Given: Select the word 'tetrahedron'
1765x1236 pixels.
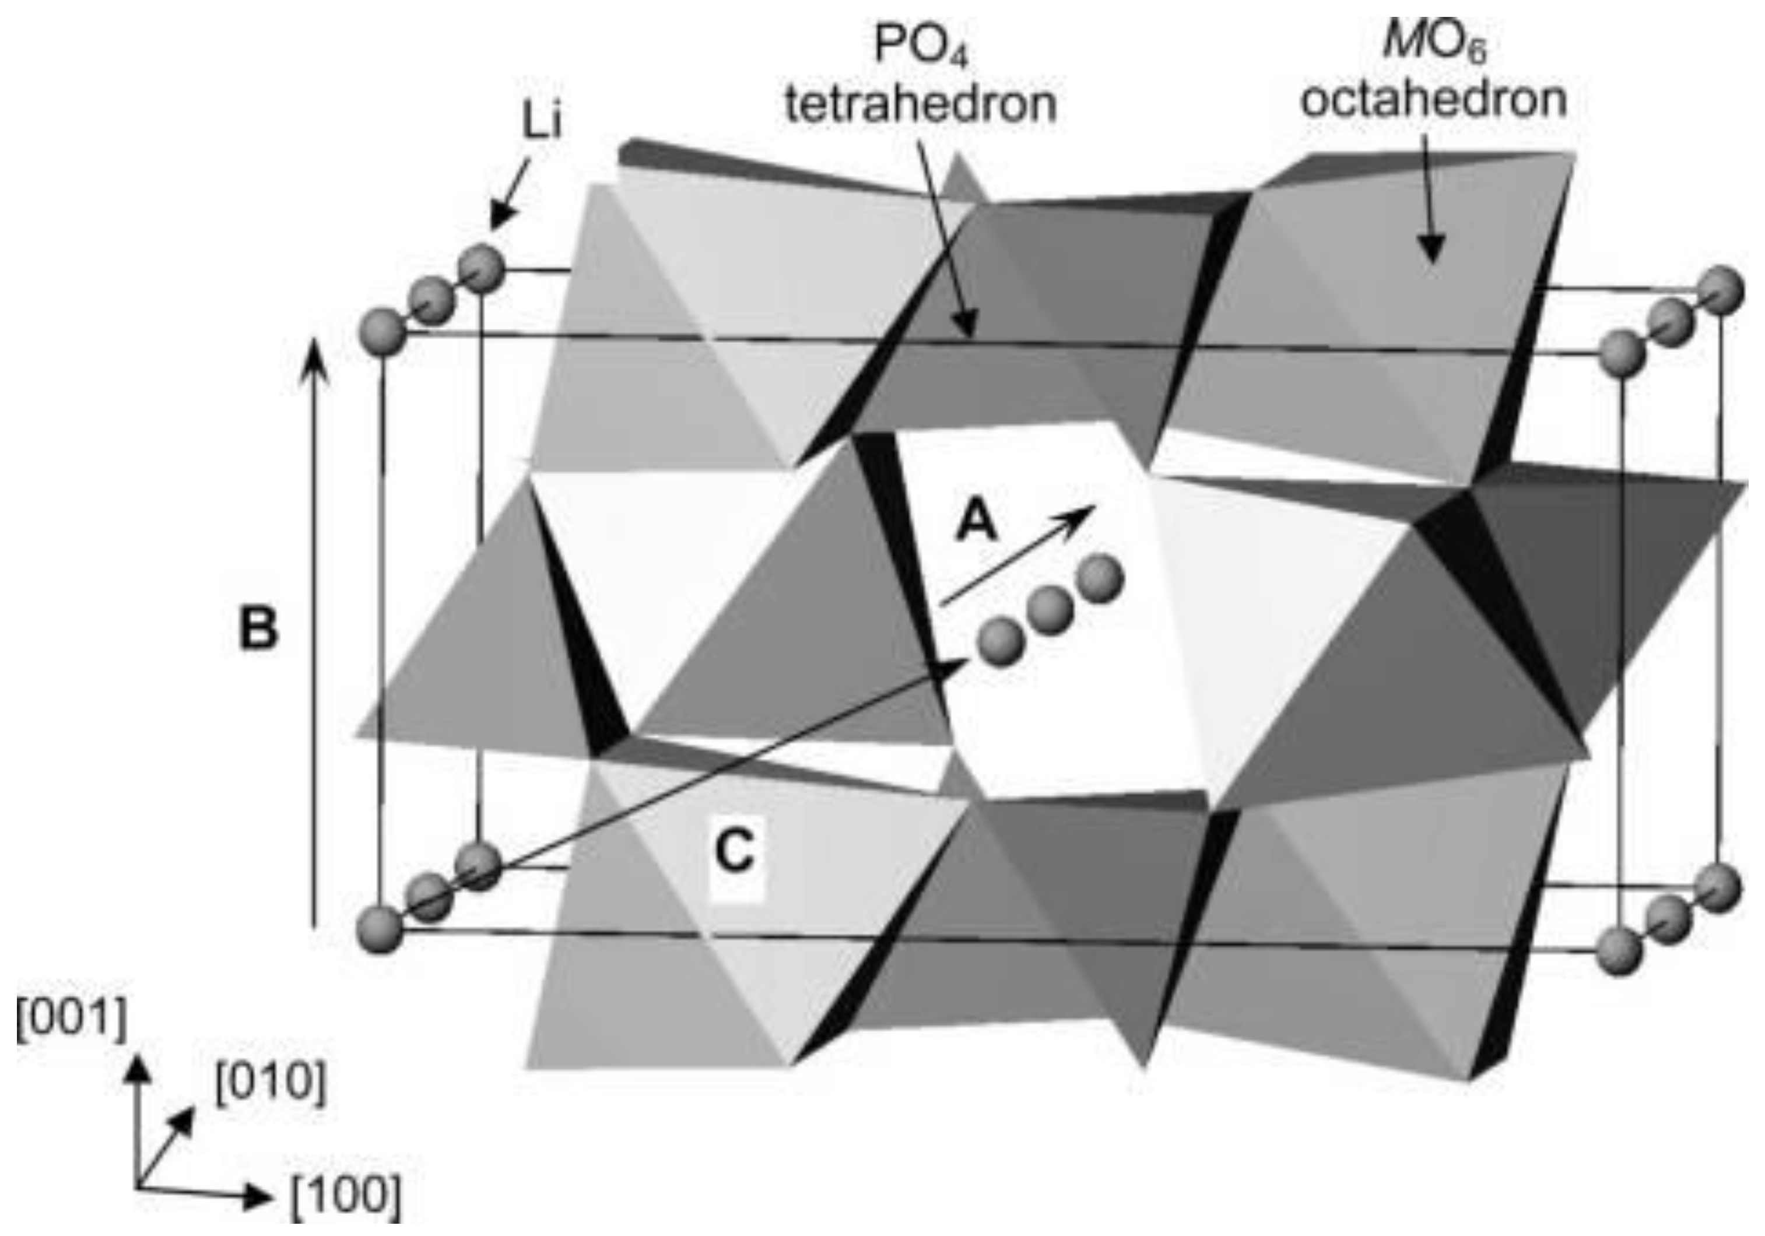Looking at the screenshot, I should [x=920, y=104].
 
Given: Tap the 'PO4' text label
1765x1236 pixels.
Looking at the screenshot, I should [x=920, y=48].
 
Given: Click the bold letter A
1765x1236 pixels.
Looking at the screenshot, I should [x=976, y=524].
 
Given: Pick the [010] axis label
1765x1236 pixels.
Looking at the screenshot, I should [x=271, y=1084].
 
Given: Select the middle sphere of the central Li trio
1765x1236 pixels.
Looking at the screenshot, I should [x=1050, y=609].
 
